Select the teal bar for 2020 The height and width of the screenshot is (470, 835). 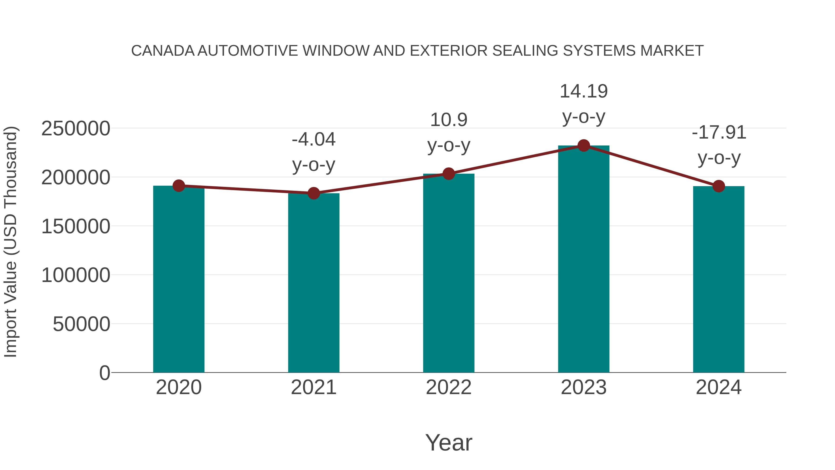pyautogui.click(x=179, y=279)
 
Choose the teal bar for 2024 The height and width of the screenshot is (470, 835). pyautogui.click(x=719, y=279)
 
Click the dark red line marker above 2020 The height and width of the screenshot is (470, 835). pyautogui.click(x=179, y=186)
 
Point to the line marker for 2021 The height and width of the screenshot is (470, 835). pyautogui.click(x=313, y=193)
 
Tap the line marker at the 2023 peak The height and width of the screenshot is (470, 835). pyautogui.click(x=584, y=146)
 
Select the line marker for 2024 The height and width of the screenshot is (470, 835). pyautogui.click(x=719, y=186)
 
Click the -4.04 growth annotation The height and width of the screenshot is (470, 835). pyautogui.click(x=313, y=139)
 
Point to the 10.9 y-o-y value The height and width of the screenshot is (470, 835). pyautogui.click(x=449, y=120)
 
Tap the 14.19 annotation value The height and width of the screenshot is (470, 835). pyautogui.click(x=584, y=91)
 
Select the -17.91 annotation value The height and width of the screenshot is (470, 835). pyautogui.click(x=719, y=133)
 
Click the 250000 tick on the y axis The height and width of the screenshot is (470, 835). pyautogui.click(x=76, y=128)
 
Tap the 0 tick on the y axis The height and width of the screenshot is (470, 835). pyautogui.click(x=104, y=373)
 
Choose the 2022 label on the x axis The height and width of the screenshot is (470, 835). pyautogui.click(x=449, y=387)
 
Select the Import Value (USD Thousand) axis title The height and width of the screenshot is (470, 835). pyautogui.click(x=10, y=242)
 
